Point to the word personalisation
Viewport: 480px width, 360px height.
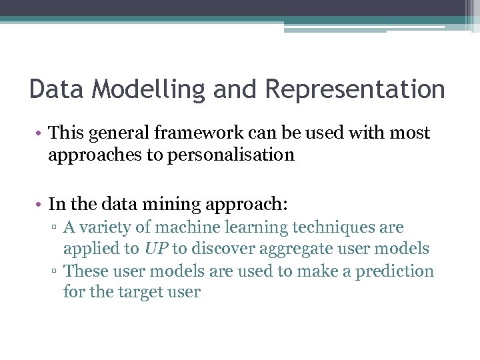(x=219, y=155)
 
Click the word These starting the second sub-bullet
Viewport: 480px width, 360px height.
(x=85, y=271)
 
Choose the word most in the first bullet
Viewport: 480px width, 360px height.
(x=414, y=133)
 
